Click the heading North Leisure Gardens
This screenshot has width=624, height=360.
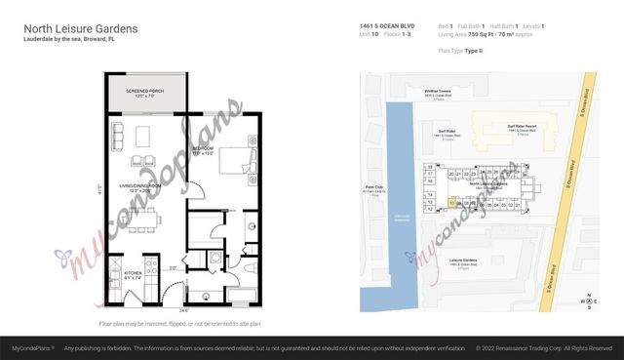(x=80, y=28)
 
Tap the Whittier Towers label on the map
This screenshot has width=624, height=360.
(x=437, y=91)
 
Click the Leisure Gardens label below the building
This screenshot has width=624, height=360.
(x=450, y=261)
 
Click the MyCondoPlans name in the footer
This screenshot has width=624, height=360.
(x=30, y=346)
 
